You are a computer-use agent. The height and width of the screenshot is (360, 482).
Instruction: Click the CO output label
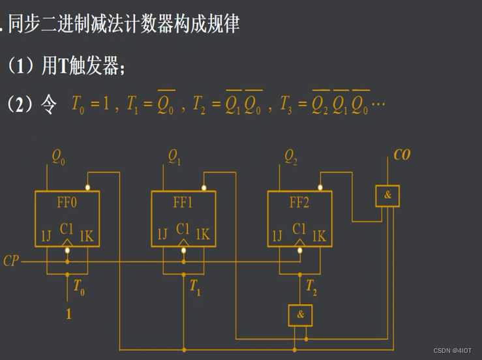402,156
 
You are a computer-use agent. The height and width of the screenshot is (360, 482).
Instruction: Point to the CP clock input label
11,261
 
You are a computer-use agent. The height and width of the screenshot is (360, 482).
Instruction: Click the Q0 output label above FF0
58,157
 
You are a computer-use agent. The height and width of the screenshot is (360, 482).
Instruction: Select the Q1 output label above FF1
174,157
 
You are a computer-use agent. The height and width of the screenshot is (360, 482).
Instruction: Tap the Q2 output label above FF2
291,157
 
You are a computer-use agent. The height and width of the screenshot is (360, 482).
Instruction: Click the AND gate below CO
387,196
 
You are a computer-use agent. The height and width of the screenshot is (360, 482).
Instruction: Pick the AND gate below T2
300,315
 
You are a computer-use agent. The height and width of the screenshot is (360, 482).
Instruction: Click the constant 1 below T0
68,314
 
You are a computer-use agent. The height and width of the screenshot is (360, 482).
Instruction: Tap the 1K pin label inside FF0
86,235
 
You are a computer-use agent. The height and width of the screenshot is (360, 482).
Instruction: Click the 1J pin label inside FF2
278,235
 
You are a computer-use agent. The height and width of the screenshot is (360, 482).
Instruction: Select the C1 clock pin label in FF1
183,229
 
